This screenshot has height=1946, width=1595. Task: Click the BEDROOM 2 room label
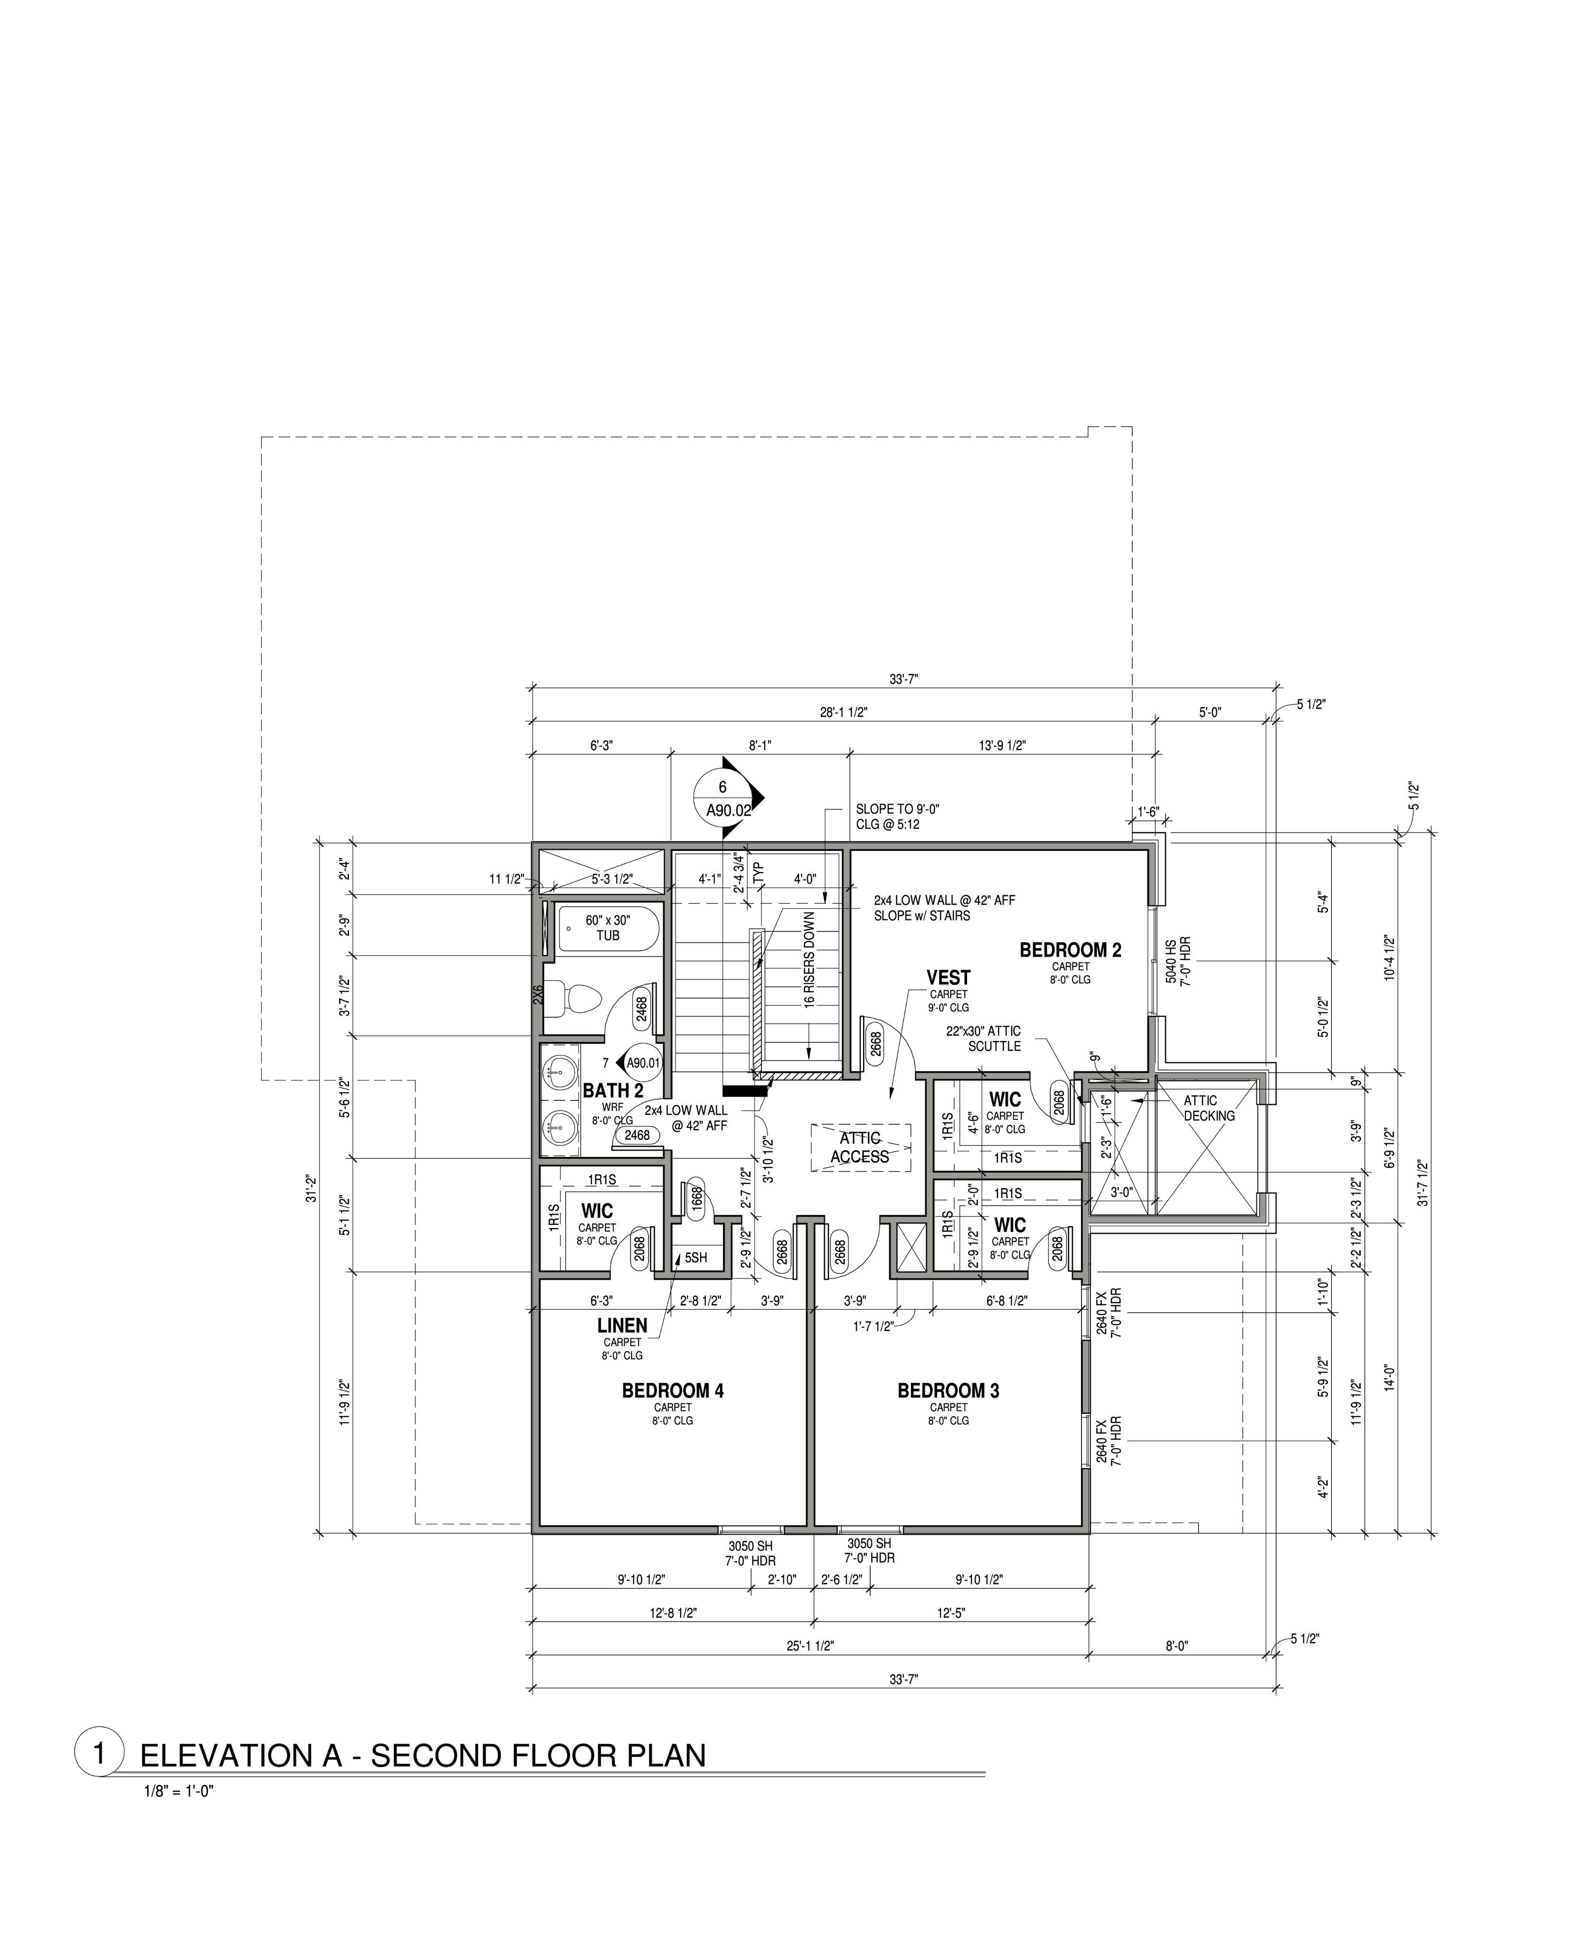tap(1070, 950)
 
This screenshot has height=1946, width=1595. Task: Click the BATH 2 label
tap(613, 1091)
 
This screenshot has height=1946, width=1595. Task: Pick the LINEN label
tap(622, 1326)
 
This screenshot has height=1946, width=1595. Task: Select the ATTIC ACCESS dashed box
tap(861, 1147)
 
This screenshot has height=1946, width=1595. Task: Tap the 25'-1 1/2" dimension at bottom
tap(809, 1647)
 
